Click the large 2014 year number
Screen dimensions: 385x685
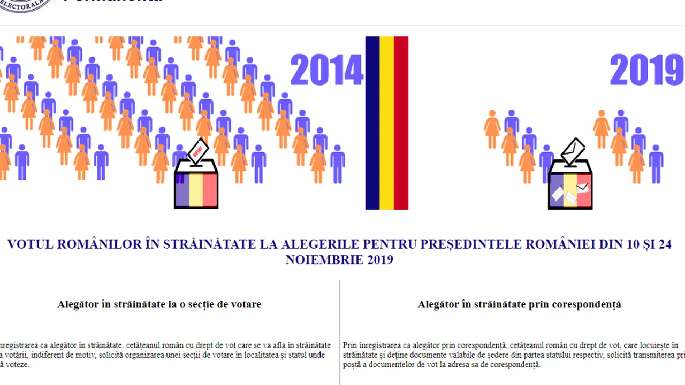click(326, 70)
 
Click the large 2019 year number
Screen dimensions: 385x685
click(646, 70)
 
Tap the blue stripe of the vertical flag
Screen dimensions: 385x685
click(372, 123)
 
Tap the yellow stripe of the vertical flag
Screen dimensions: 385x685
click(387, 123)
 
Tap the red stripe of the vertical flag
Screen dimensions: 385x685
click(401, 123)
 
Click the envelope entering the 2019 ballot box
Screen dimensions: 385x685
click(573, 151)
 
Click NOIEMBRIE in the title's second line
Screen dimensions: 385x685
click(323, 260)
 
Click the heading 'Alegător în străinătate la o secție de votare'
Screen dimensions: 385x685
click(159, 304)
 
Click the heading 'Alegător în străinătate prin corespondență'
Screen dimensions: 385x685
click(519, 304)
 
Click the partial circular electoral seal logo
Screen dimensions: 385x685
click(24, 5)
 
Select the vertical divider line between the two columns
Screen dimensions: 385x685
click(339, 332)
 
